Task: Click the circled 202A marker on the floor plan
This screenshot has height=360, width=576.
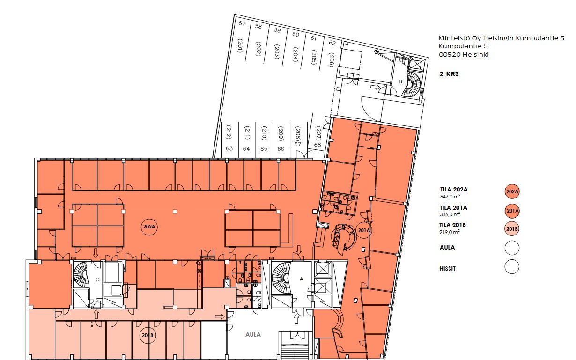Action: (x=149, y=227)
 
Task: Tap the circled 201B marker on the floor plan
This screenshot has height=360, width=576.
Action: (x=148, y=335)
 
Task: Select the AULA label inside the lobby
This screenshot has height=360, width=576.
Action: (x=253, y=335)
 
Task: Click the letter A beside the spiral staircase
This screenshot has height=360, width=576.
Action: (x=302, y=279)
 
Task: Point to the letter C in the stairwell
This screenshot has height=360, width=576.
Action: (x=97, y=279)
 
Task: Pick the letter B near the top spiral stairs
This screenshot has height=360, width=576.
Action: (x=400, y=81)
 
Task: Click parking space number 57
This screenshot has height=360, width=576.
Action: (x=242, y=23)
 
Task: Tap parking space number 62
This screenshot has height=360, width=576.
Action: (x=332, y=43)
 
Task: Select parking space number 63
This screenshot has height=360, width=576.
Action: (x=229, y=148)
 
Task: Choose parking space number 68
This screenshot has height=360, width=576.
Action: (x=318, y=145)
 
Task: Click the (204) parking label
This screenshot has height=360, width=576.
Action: (x=295, y=54)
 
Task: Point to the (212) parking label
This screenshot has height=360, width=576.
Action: (x=229, y=132)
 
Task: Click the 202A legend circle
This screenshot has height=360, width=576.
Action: (x=512, y=191)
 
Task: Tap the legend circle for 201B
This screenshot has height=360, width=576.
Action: (x=512, y=229)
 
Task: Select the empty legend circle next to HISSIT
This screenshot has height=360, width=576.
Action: (x=512, y=267)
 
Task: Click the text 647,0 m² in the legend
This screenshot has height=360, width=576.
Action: (x=450, y=197)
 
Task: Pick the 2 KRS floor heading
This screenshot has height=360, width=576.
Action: (x=449, y=74)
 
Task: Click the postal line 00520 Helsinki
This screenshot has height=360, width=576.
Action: (x=464, y=54)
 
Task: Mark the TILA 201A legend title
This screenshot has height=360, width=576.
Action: (x=453, y=207)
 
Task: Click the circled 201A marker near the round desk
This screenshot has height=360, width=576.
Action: (x=363, y=230)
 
